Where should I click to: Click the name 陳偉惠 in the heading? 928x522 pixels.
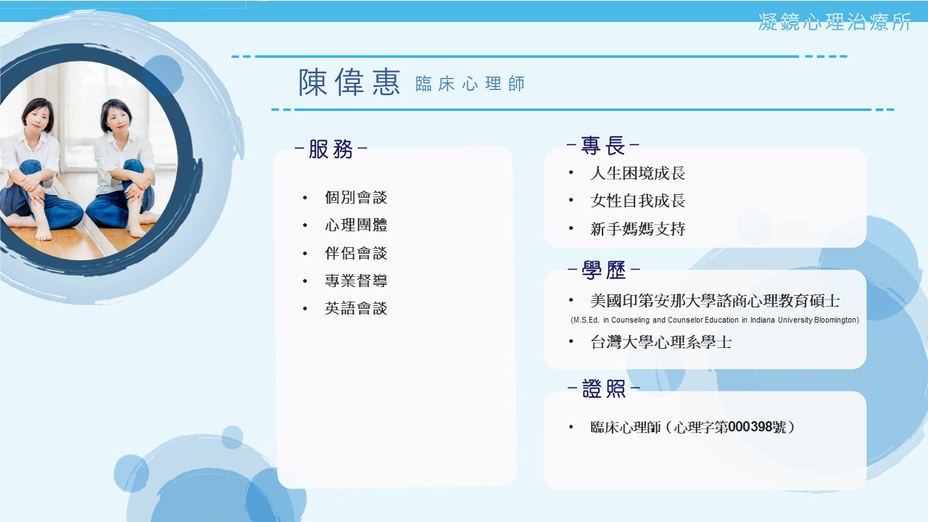tap(349, 83)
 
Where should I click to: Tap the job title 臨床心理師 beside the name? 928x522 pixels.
tap(470, 83)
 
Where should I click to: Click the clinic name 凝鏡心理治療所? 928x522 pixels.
tap(834, 22)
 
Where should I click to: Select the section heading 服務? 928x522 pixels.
tap(331, 149)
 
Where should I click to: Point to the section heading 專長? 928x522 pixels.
tap(602, 146)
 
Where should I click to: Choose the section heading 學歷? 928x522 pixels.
tap(604, 270)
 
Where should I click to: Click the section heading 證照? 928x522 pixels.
tap(604, 389)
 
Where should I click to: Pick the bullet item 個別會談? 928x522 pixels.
tap(356, 197)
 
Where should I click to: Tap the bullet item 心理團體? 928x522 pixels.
tap(356, 225)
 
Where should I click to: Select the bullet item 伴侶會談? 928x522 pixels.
tap(356, 253)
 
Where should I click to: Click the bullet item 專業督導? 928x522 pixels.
tap(356, 281)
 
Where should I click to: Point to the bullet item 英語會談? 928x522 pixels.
tap(356, 308)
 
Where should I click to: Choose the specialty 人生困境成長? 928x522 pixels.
tap(637, 173)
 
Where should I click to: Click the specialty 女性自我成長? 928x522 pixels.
tap(637, 201)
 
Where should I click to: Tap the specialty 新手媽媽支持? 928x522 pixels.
tap(637, 228)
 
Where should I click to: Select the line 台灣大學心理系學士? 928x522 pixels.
tap(660, 342)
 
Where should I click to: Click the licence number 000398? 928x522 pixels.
tap(748, 427)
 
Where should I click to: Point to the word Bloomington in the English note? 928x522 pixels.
tap(835, 320)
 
